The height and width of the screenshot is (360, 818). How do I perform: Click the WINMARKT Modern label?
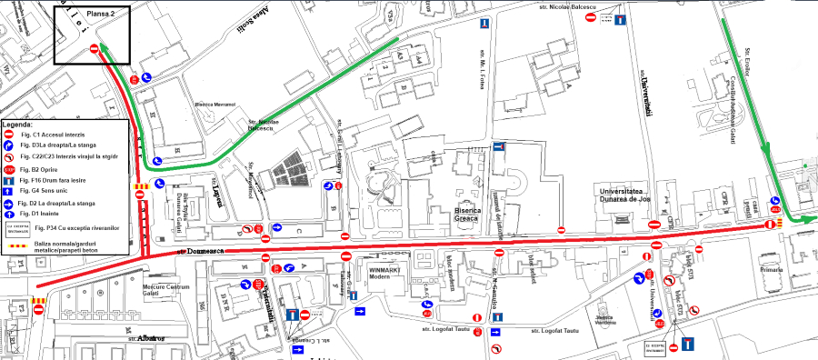tap(389, 273)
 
